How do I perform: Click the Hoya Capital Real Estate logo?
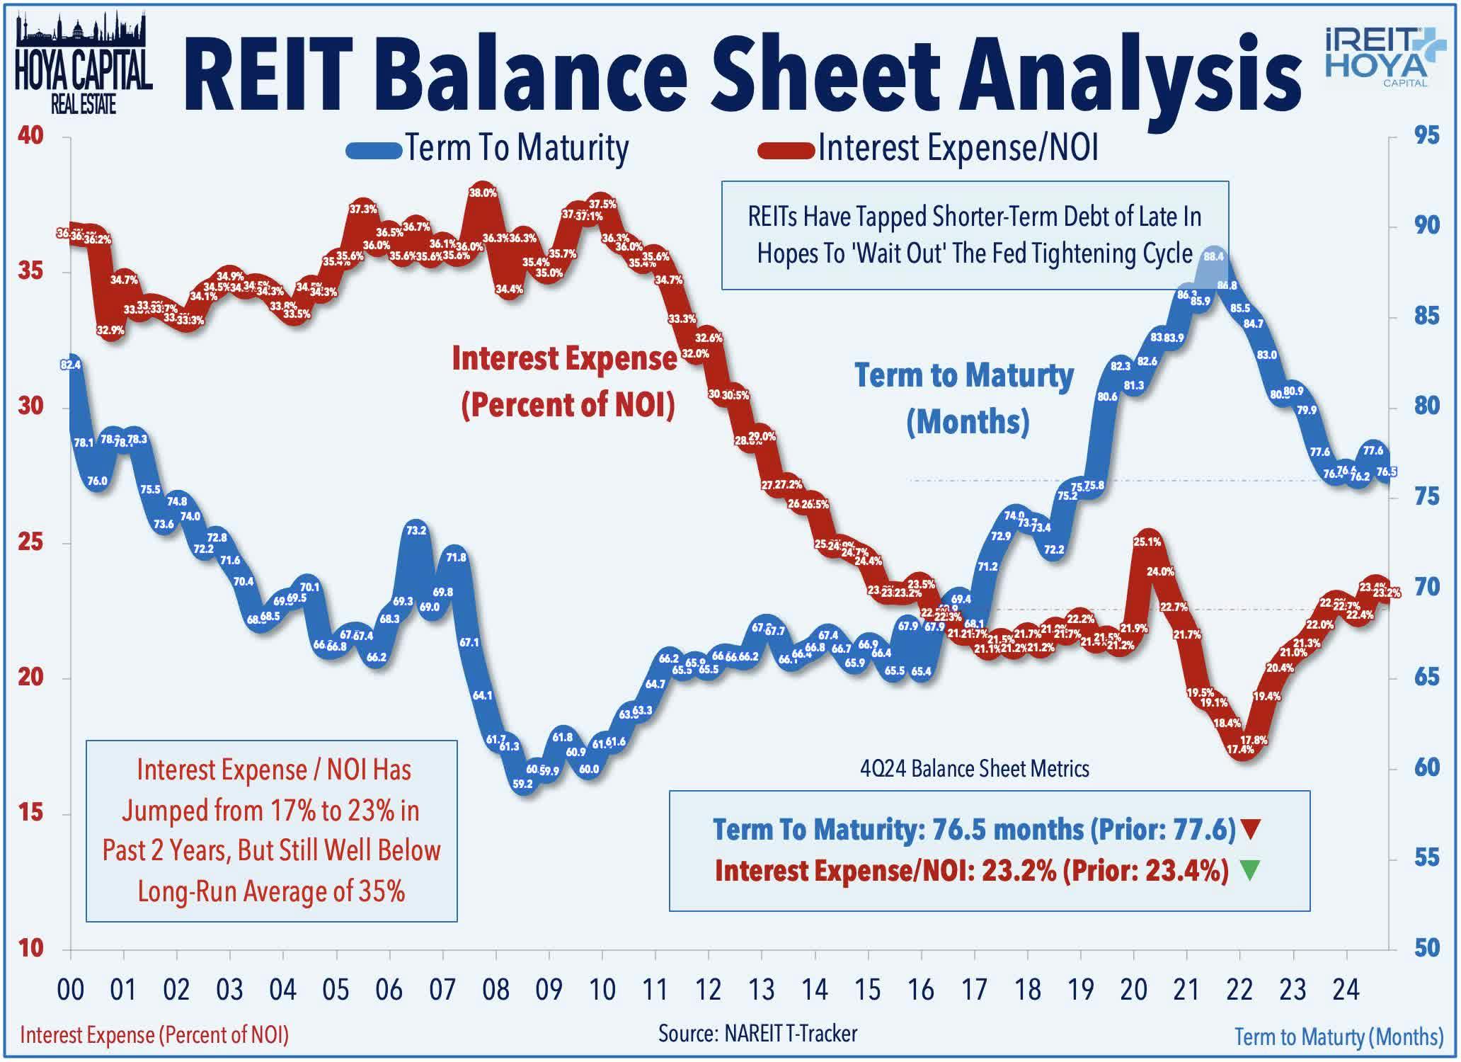coord(84,64)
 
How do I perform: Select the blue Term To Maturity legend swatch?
coord(374,149)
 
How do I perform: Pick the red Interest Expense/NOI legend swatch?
coord(786,149)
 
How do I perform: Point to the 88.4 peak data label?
coord(1213,256)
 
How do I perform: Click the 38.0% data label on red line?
coord(483,193)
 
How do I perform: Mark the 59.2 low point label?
coord(522,784)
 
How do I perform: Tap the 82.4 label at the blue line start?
coord(71,365)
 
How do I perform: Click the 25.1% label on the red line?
coord(1147,542)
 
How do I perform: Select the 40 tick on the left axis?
coord(30,135)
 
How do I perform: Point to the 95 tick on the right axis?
coord(1426,135)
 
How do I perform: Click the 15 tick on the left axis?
coord(30,812)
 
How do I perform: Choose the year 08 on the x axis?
coord(495,990)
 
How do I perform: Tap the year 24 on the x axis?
coord(1346,990)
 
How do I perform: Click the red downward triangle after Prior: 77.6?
coord(1251,829)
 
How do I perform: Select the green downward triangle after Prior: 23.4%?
coord(1250,870)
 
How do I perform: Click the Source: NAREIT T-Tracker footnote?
coord(757,1033)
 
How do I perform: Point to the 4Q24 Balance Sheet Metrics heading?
coord(974,768)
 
